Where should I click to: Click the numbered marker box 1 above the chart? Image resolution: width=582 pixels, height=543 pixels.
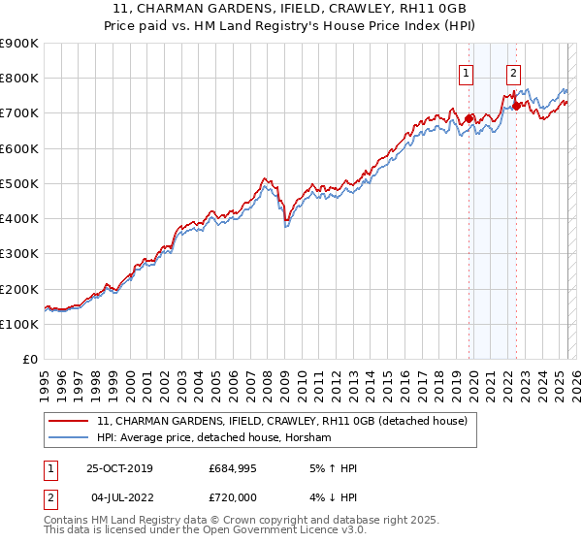(467, 71)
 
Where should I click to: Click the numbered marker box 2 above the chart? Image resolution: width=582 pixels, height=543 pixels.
(512, 71)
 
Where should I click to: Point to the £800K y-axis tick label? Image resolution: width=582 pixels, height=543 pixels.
(19, 79)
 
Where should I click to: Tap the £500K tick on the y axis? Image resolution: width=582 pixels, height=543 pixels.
(19, 183)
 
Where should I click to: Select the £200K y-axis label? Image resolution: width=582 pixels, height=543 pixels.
(19, 289)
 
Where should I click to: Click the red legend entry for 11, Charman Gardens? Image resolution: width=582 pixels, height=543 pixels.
(282, 421)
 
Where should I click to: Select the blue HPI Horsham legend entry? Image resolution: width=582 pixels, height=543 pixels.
(214, 438)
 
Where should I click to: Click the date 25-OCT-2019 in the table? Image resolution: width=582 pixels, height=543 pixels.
(124, 468)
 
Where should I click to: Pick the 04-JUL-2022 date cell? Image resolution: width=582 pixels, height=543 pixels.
(124, 495)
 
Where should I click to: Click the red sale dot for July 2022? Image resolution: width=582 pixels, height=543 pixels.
(516, 106)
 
